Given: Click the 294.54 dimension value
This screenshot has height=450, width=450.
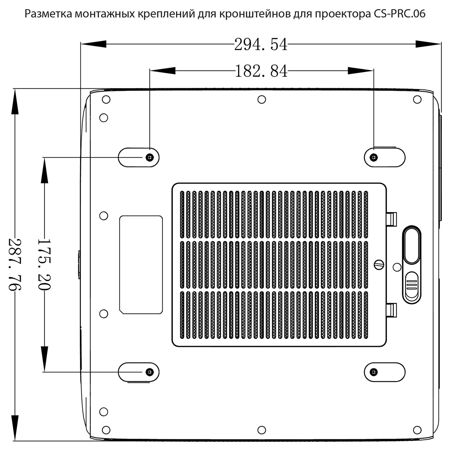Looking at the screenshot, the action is point(261,44).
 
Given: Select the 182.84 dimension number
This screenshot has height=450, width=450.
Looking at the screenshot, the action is point(261,71).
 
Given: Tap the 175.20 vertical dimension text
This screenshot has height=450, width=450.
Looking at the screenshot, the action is point(44,264).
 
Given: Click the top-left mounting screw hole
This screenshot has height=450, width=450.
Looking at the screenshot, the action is point(149,157).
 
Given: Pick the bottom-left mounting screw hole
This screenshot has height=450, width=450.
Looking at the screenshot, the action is point(149,372).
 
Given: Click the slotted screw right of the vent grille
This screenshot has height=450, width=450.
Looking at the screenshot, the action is point(379,264).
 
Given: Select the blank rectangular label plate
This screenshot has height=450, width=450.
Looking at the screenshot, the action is point(141,265).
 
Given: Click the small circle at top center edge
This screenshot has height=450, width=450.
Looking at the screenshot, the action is point(262,99).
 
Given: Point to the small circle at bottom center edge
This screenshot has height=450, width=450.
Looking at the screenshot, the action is point(262,430).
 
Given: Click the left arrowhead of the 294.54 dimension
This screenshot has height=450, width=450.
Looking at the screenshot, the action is point(94,44).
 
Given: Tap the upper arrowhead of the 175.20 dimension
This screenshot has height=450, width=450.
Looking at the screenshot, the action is point(44,170).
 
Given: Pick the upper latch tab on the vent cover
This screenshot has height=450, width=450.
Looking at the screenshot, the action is point(391,219).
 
